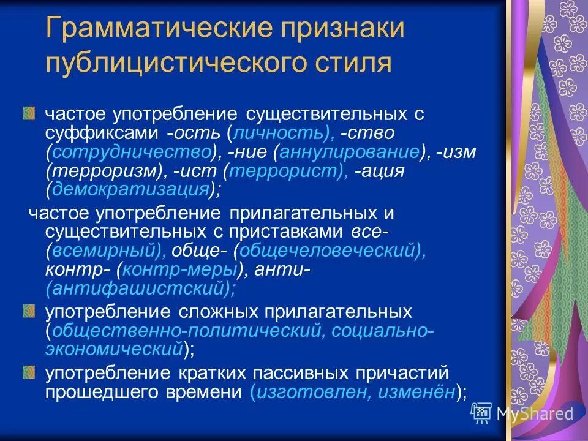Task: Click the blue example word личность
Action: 279,133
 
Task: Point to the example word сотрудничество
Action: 132,152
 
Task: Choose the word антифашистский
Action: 137,287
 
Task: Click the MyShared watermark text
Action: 535,413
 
